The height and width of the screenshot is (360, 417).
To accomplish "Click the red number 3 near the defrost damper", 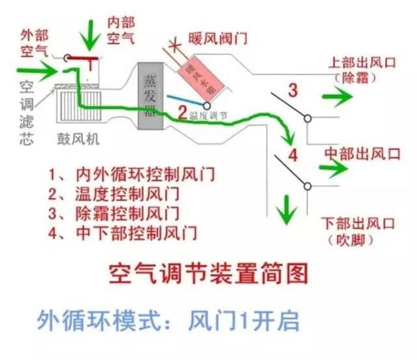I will click(x=293, y=90).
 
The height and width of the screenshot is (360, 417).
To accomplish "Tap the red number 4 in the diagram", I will click(x=293, y=156).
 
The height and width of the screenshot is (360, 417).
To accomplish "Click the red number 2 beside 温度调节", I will click(x=182, y=110).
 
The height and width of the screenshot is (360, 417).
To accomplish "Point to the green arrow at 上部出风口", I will click(x=336, y=96).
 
